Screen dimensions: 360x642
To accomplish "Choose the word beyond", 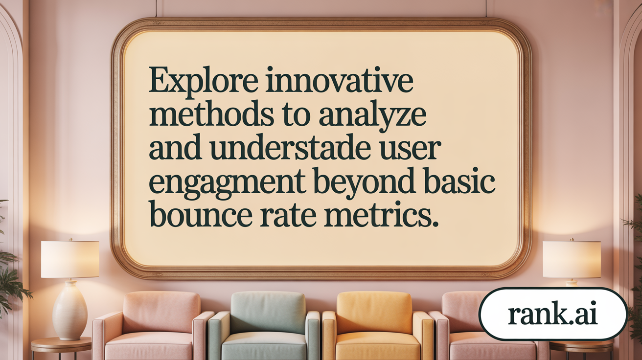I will (x=365, y=182).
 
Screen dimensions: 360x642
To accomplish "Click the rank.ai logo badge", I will (x=552, y=314).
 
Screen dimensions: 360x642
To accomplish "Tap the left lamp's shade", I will (x=69, y=259).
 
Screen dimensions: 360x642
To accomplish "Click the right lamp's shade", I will (x=571, y=259).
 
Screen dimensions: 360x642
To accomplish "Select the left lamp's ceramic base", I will (x=69, y=311).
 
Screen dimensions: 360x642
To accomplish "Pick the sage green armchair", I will (x=264, y=325).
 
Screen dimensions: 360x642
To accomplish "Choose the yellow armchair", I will (x=375, y=325).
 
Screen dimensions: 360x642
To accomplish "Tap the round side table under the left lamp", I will (x=61, y=345).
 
